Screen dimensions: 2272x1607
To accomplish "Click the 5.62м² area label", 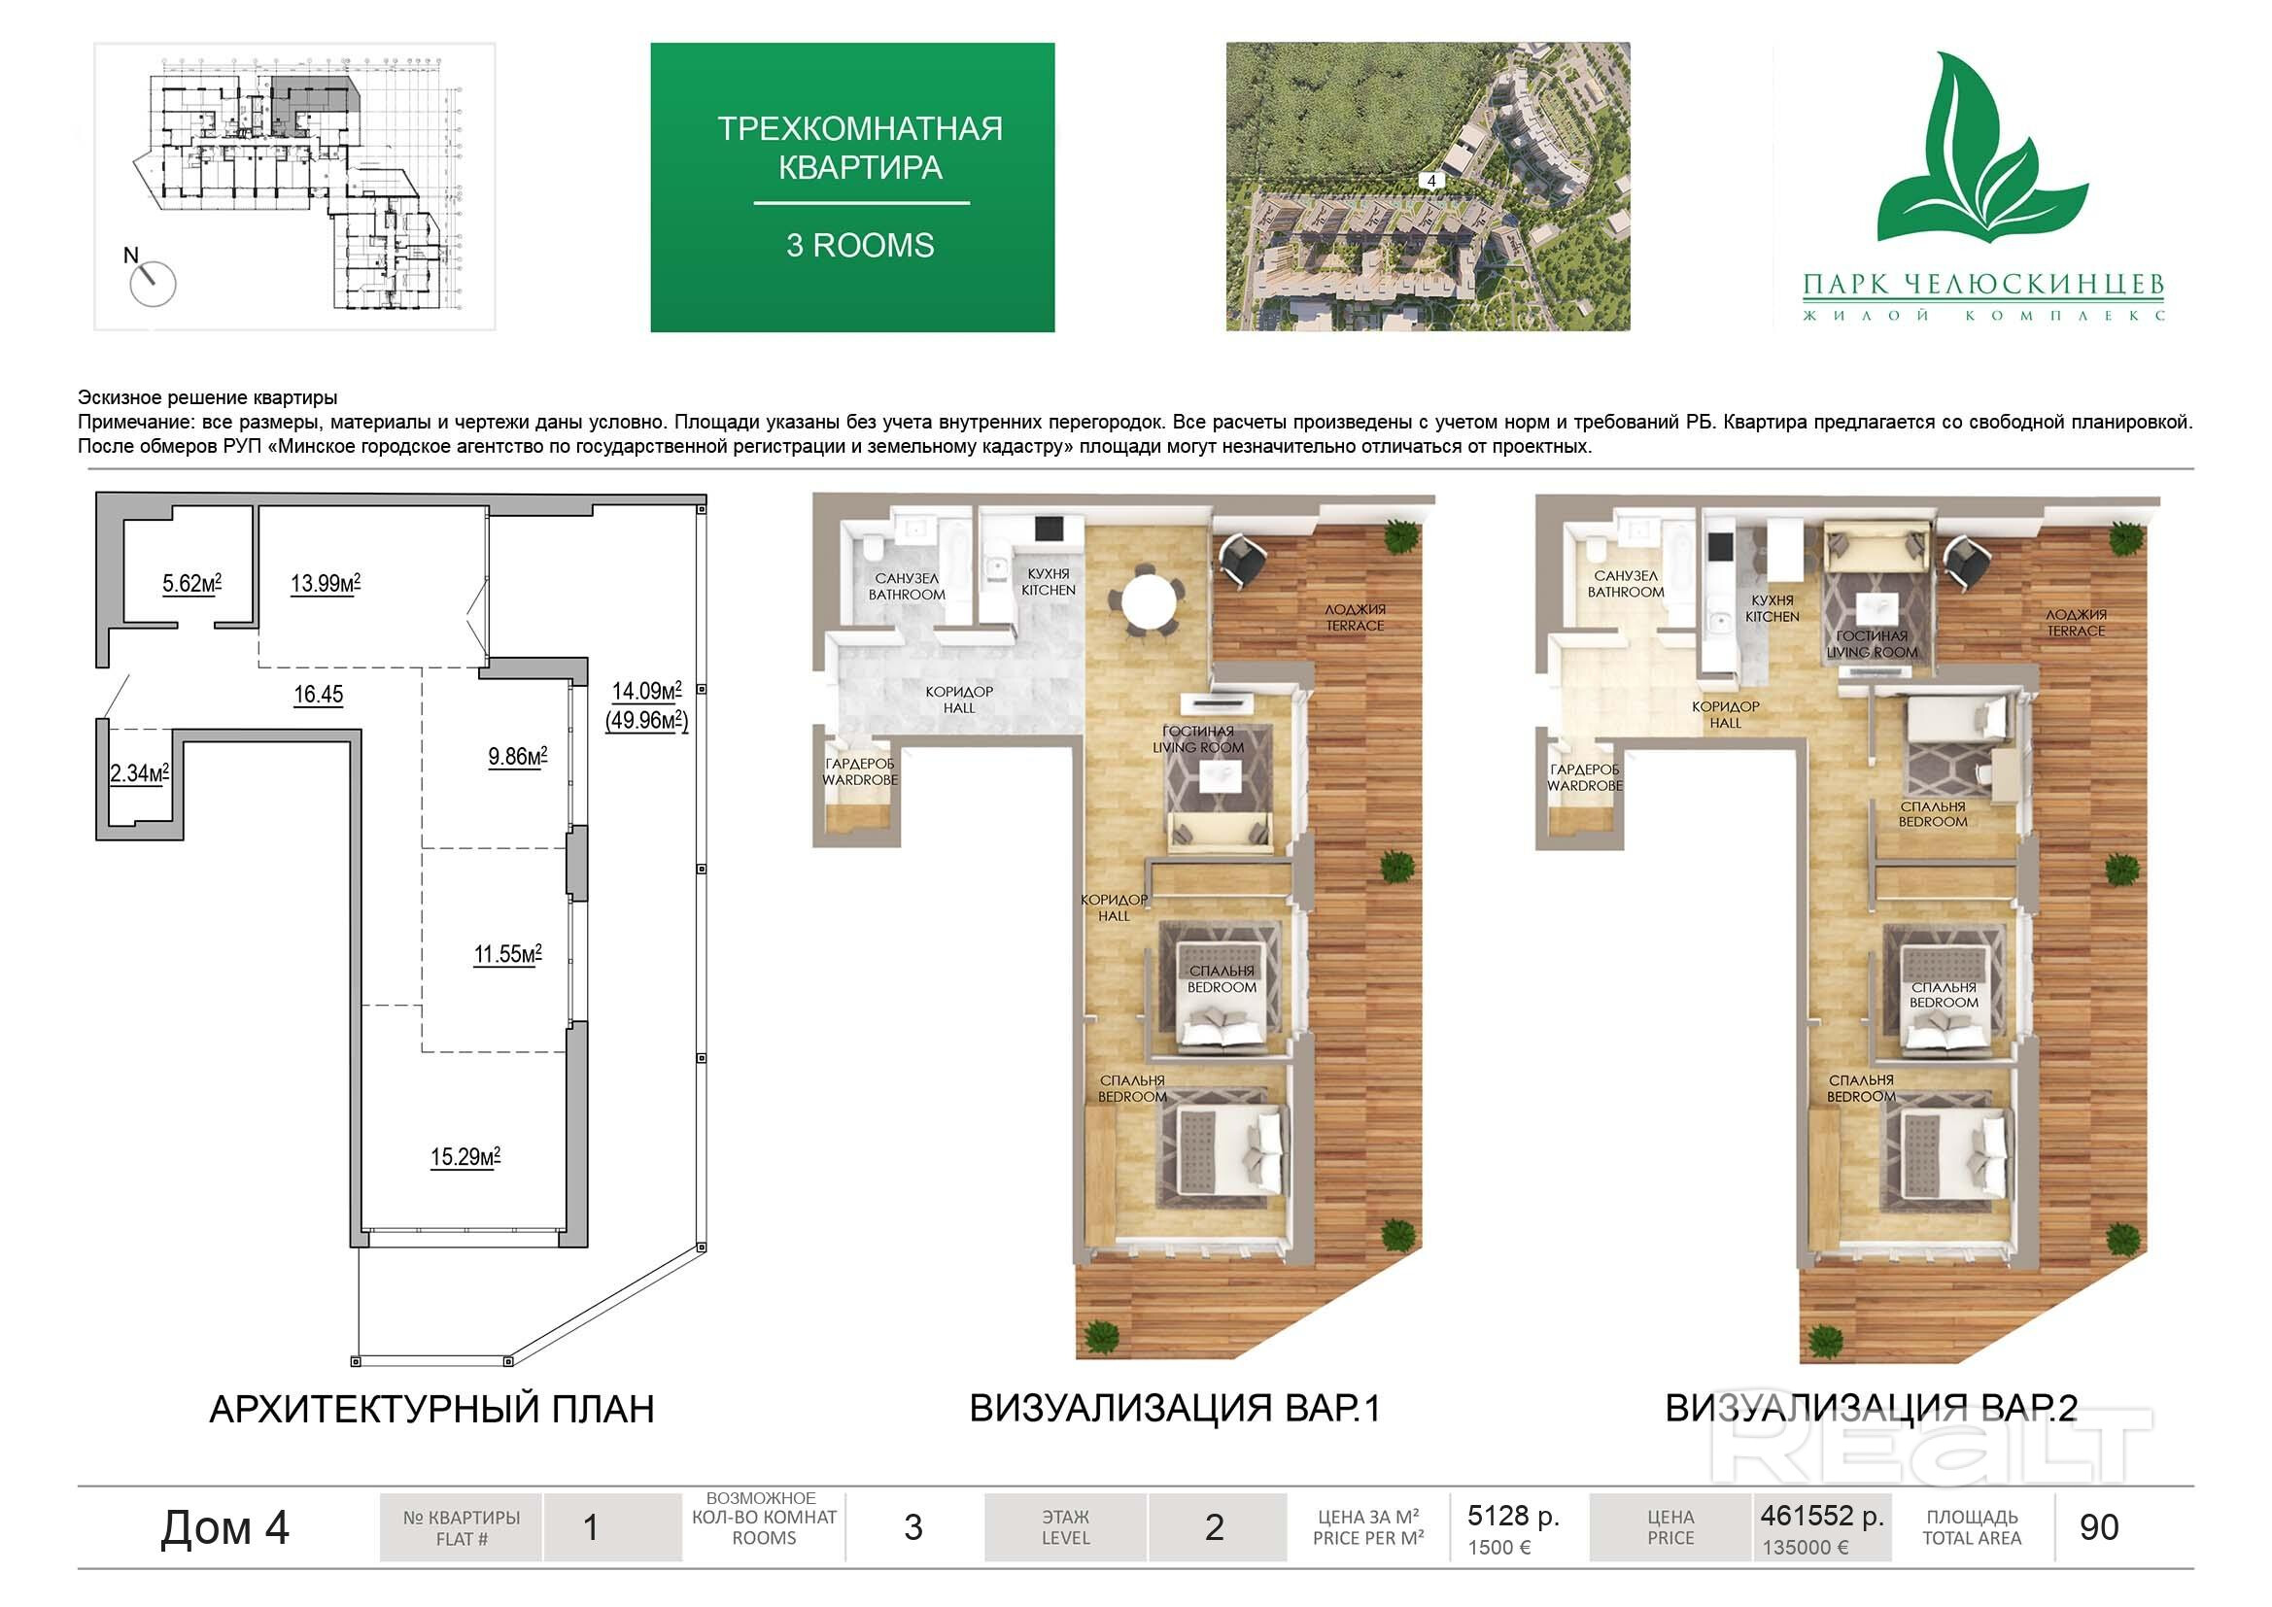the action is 192,584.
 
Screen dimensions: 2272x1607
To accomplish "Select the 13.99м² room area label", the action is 326,584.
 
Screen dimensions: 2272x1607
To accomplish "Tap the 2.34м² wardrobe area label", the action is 140,772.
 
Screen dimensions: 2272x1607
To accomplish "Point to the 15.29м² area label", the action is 465,1157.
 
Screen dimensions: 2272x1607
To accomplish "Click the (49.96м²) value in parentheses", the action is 647,720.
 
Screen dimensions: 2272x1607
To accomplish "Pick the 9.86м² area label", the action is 518,757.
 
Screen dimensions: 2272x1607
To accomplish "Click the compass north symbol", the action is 152,281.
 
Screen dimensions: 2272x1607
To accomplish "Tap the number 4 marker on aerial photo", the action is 1430,181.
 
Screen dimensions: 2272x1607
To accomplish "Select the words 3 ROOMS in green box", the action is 860,246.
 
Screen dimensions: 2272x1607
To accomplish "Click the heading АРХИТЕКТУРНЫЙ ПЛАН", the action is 432,1409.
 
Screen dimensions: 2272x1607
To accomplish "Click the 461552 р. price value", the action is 1822,1516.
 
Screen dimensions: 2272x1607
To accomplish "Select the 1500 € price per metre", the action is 1499,1548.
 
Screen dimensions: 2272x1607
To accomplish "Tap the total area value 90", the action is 2099,1528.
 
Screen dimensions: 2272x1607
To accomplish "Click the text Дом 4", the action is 224,1528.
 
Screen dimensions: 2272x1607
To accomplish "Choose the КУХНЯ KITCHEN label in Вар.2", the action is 1773,608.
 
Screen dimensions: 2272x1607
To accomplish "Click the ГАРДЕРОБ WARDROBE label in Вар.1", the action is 860,771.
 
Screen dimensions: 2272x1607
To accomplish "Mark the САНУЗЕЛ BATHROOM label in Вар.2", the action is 1626,584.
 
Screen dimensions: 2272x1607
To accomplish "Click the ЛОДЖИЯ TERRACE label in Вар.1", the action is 1356,618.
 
